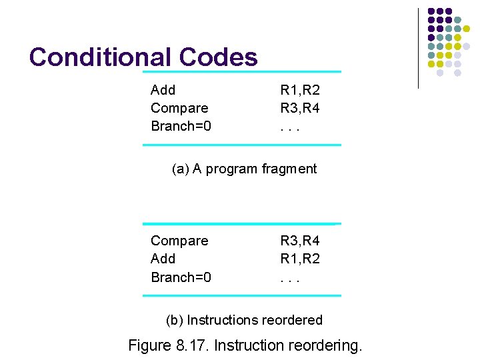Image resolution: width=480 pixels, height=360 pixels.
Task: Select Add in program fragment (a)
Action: pyautogui.click(x=163, y=90)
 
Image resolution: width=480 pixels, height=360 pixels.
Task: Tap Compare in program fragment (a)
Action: pyautogui.click(x=179, y=108)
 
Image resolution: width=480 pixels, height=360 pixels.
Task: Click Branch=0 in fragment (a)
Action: pyautogui.click(x=181, y=126)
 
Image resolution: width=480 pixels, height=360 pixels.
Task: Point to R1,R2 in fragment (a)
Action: pyautogui.click(x=300, y=90)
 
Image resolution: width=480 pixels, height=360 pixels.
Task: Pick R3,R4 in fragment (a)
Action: pyautogui.click(x=300, y=108)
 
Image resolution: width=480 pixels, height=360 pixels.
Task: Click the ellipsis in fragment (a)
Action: pyautogui.click(x=290, y=127)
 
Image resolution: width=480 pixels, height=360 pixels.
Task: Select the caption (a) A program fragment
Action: pyautogui.click(x=244, y=169)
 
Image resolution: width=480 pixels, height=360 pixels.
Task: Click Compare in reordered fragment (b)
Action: pyautogui.click(x=179, y=241)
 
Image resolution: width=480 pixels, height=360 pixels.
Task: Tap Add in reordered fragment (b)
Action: pyautogui.click(x=163, y=259)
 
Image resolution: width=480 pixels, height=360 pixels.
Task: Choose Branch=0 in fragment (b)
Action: pyautogui.click(x=181, y=277)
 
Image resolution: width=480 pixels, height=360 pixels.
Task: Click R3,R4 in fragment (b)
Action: pyautogui.click(x=300, y=241)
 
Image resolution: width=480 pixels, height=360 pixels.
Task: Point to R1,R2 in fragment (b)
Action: pyautogui.click(x=300, y=259)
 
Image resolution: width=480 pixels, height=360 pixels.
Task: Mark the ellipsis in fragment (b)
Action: pyautogui.click(x=290, y=277)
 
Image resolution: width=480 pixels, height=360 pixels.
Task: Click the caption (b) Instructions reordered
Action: pyautogui.click(x=244, y=320)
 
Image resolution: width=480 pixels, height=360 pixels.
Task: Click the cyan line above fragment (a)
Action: pyautogui.click(x=242, y=72)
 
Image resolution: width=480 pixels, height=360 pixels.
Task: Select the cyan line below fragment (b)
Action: pyautogui.click(x=242, y=295)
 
